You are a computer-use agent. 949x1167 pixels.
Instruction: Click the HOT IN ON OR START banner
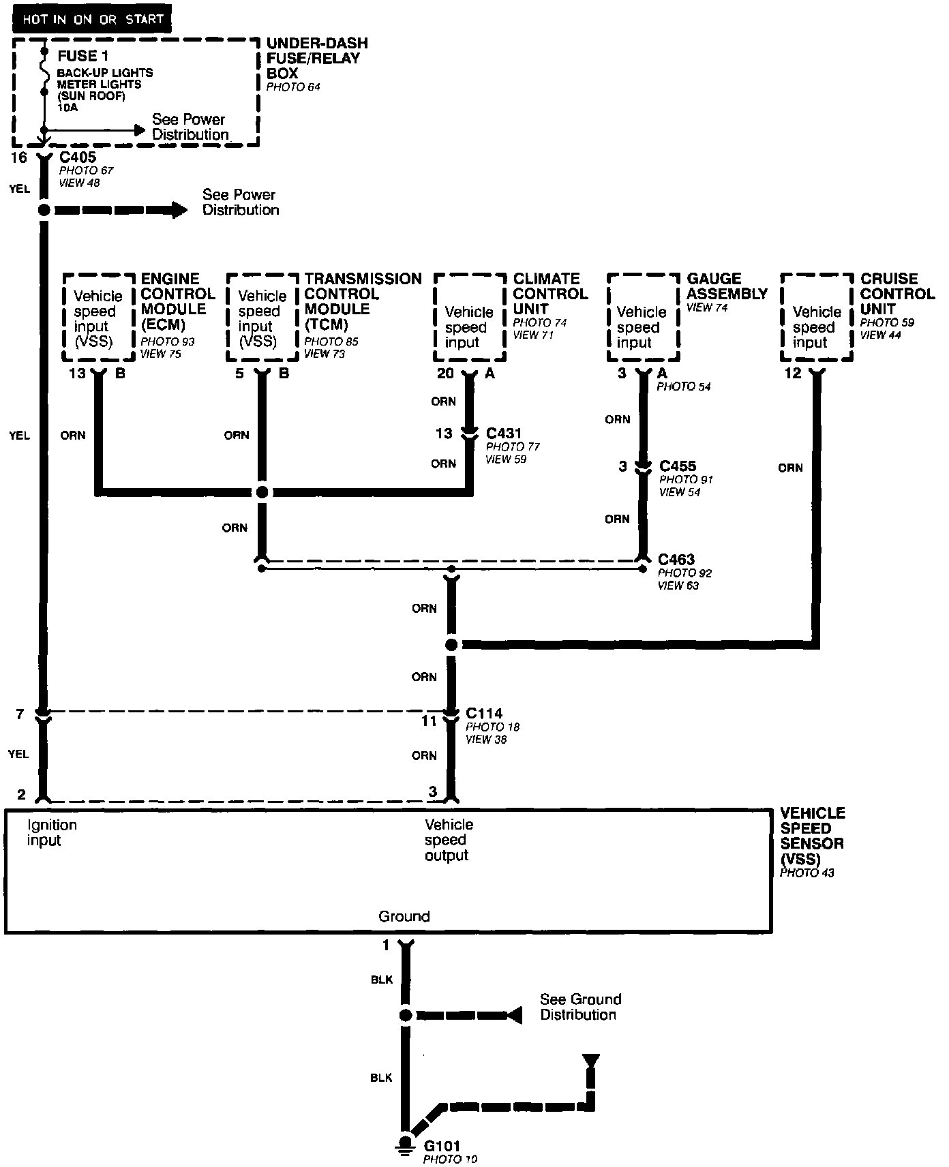(x=91, y=19)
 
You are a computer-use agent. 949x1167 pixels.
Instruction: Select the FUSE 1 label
(x=82, y=56)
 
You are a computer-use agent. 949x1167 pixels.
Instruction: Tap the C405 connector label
(x=78, y=157)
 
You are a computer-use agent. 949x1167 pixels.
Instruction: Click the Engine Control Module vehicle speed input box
(x=98, y=318)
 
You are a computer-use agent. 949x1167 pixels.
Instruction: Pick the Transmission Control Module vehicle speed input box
(x=262, y=318)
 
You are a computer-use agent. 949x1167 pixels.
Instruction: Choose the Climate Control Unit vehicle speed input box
(x=470, y=318)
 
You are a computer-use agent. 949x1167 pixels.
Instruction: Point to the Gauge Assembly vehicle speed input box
(x=643, y=318)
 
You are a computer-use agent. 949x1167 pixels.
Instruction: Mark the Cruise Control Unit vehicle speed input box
(x=816, y=318)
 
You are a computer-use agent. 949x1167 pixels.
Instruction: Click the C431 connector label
(x=504, y=434)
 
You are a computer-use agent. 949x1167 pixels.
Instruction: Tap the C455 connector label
(x=678, y=466)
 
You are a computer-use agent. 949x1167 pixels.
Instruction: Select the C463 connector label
(x=676, y=560)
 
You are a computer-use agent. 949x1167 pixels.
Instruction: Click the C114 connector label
(x=484, y=713)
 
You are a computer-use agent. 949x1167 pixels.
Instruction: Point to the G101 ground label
(x=442, y=1147)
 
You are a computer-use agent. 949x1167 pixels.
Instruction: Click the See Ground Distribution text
(x=580, y=1007)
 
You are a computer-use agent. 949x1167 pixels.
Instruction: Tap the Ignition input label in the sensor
(x=52, y=832)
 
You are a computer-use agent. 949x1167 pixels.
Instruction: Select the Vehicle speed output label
(x=449, y=840)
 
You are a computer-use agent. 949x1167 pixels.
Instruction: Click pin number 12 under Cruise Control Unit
(x=793, y=374)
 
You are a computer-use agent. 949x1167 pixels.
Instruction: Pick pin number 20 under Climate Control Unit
(x=445, y=374)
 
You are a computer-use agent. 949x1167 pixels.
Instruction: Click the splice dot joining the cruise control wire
(x=451, y=645)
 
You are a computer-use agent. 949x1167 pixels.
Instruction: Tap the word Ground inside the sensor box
(x=404, y=916)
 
